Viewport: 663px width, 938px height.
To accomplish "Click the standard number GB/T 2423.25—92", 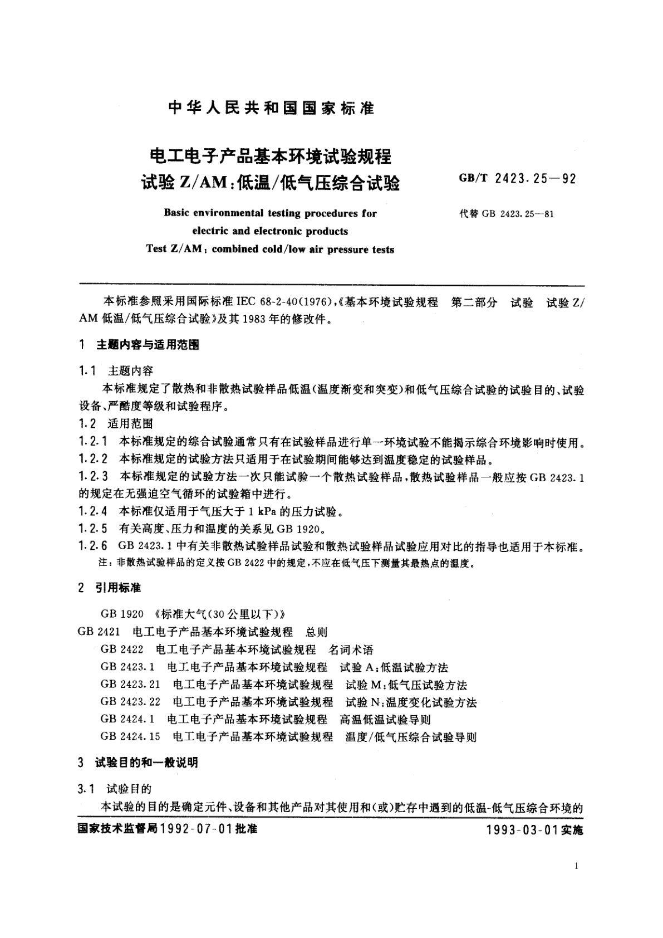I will pyautogui.click(x=517, y=179).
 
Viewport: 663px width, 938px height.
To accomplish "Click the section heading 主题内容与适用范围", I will pyautogui.click(x=148, y=345).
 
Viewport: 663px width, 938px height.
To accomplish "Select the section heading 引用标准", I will pyautogui.click(x=118, y=588).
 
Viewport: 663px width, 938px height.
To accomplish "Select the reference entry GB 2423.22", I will pyautogui.click(x=130, y=702).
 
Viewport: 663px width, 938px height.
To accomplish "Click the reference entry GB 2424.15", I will pyautogui.click(x=130, y=737).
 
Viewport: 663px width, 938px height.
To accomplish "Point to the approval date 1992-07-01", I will pyautogui.click(x=195, y=828).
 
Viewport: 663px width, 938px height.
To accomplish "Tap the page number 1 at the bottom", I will pyautogui.click(x=575, y=867).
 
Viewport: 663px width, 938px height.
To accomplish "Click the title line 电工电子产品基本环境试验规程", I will pyautogui.click(x=267, y=156).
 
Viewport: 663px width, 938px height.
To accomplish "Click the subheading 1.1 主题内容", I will pyautogui.click(x=116, y=371).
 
